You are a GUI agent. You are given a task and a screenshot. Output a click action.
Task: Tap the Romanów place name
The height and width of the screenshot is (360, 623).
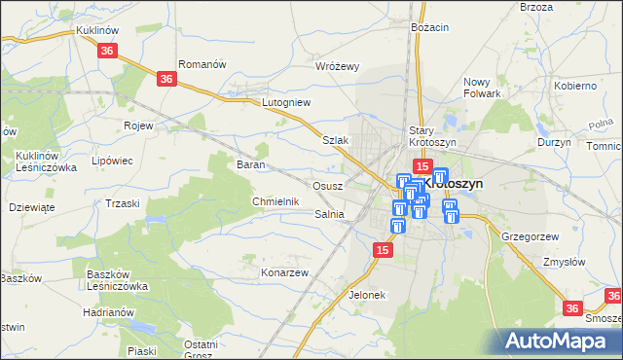click(x=202, y=64)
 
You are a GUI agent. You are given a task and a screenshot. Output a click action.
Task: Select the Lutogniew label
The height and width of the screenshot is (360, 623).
click(x=286, y=101)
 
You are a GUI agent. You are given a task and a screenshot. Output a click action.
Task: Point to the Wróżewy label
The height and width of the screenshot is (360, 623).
click(x=338, y=66)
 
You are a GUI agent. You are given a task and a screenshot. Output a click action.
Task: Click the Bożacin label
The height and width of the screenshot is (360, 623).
click(x=429, y=27)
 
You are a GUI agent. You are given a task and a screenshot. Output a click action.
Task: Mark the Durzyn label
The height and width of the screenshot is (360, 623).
click(x=554, y=142)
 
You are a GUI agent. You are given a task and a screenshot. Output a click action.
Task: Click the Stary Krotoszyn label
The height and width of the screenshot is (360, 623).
click(x=432, y=135)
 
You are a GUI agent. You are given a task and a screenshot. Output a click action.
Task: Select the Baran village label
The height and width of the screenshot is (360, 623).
click(x=252, y=164)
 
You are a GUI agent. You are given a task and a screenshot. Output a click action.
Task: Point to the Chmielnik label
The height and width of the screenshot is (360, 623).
click(x=274, y=201)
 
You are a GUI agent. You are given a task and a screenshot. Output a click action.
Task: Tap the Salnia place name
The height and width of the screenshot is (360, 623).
click(x=330, y=214)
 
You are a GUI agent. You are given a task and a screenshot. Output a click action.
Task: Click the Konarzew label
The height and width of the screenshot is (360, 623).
click(x=284, y=272)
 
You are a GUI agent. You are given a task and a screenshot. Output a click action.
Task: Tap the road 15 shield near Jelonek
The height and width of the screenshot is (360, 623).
click(x=384, y=251)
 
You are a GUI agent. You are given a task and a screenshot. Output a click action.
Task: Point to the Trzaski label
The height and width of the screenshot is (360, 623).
click(x=123, y=203)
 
